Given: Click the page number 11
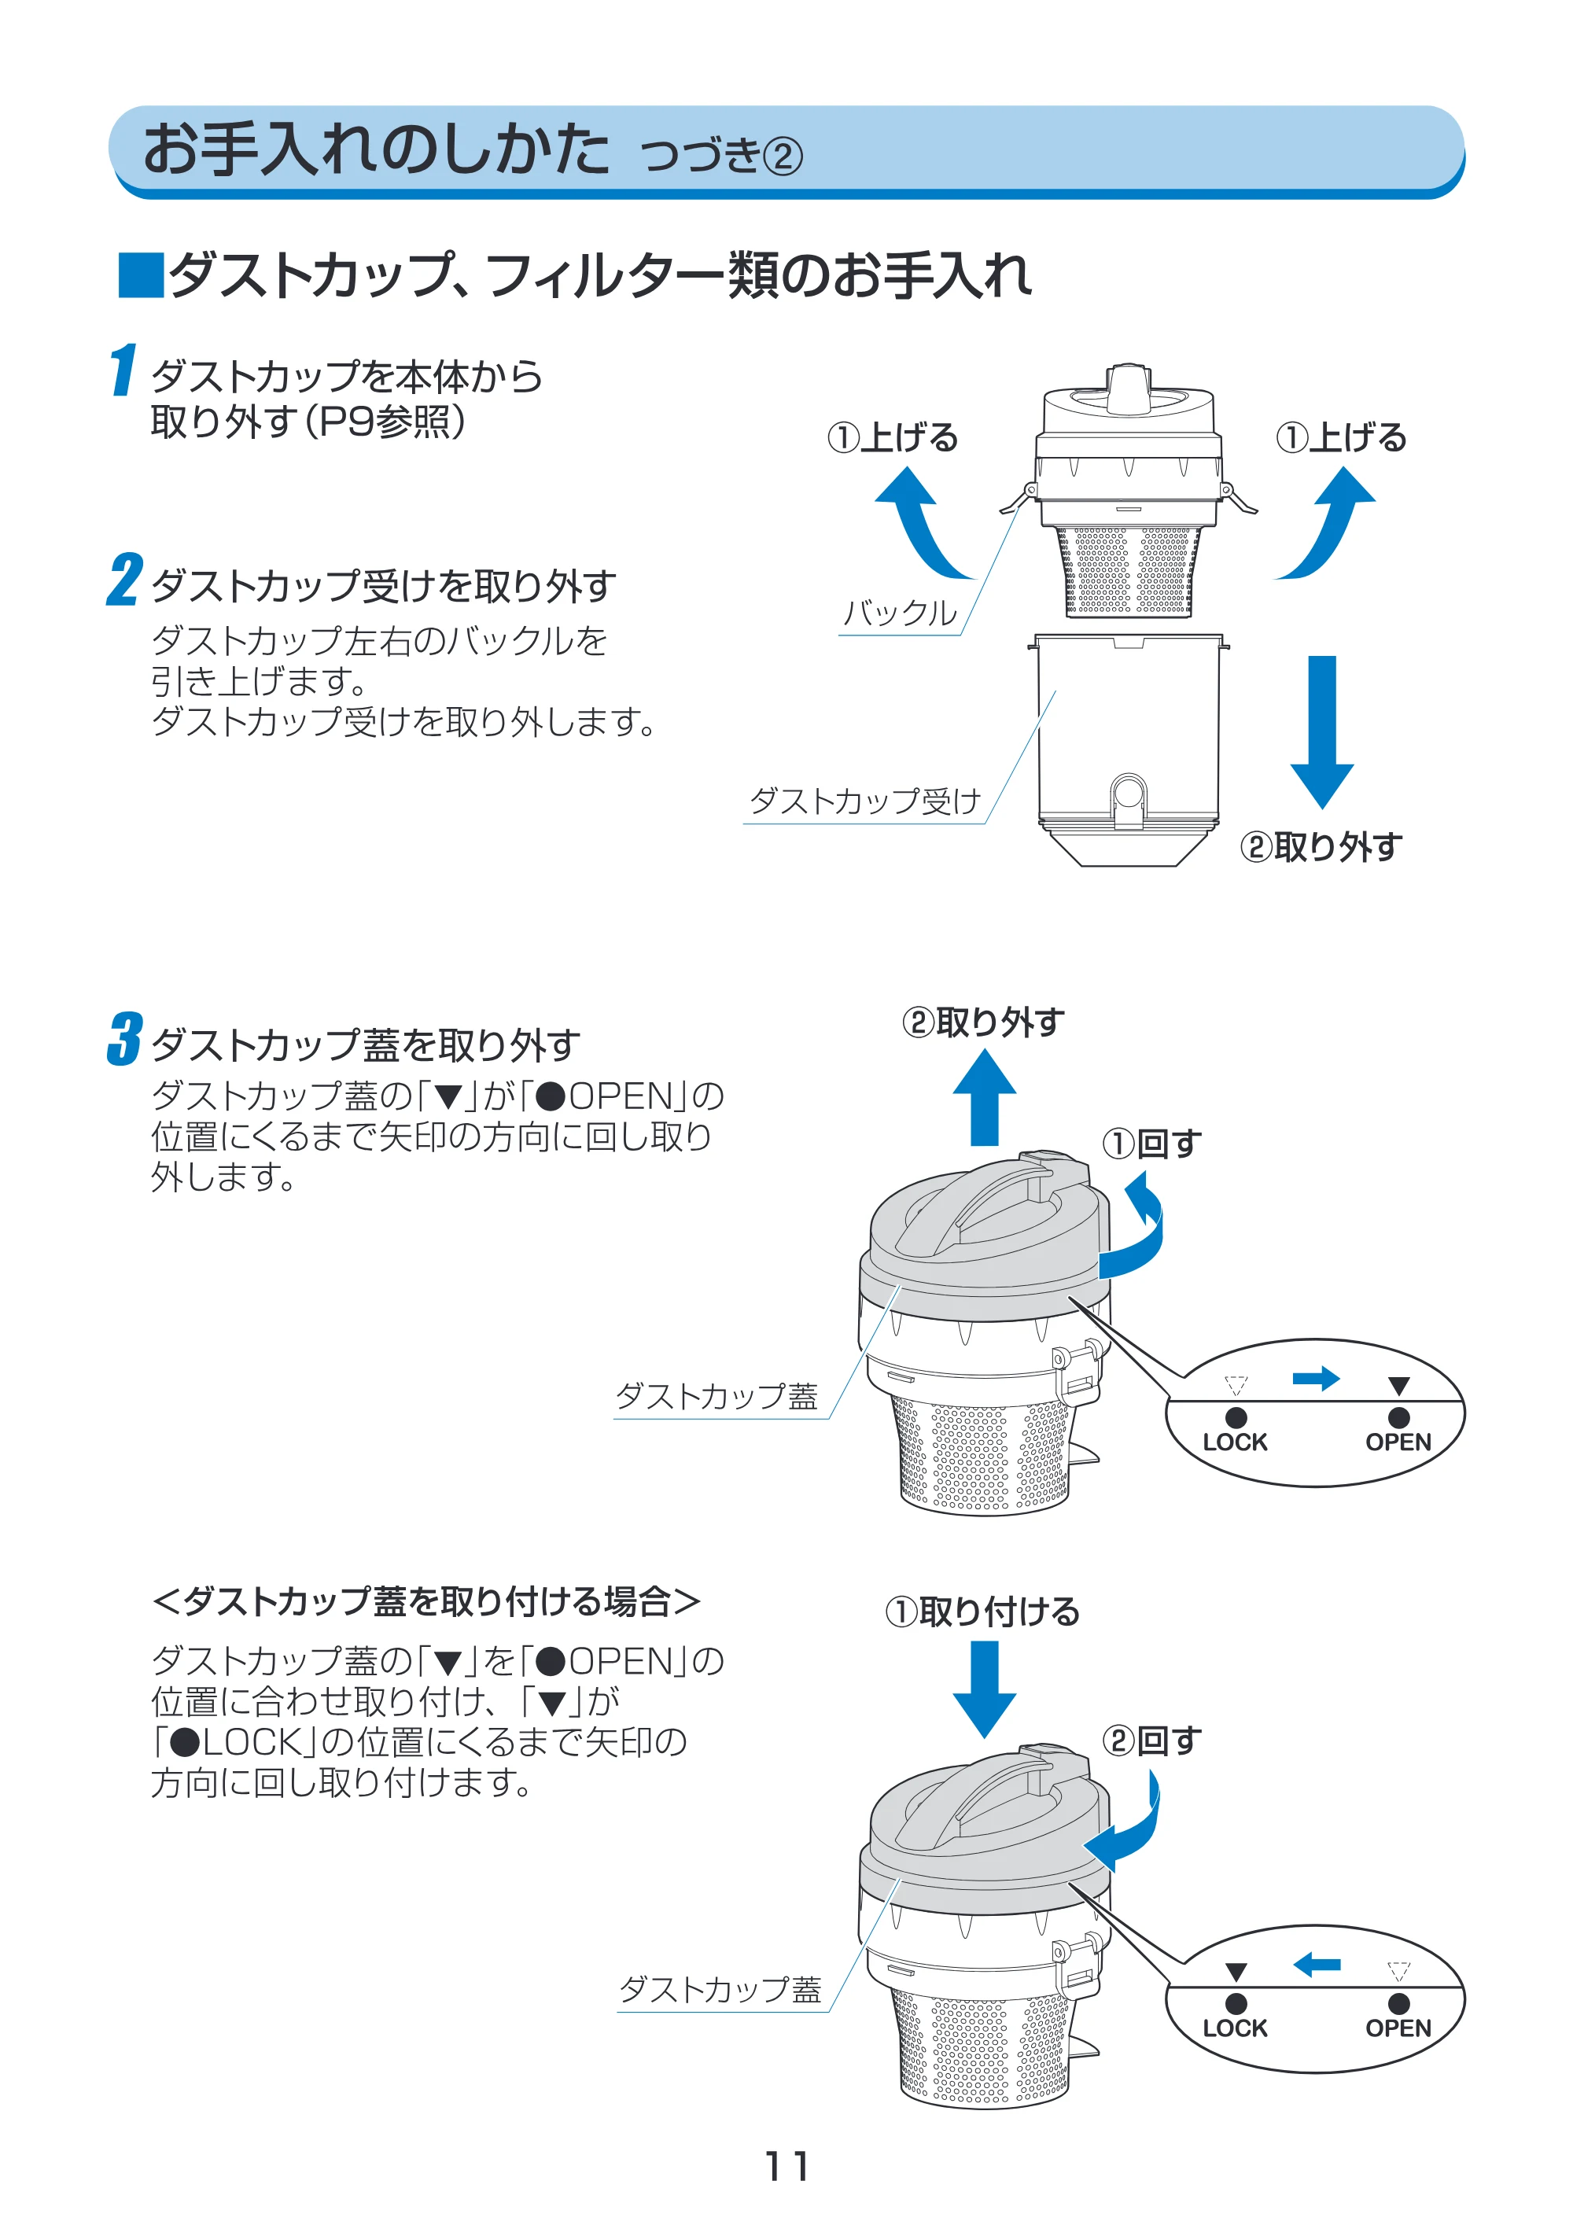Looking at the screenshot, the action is [786, 2166].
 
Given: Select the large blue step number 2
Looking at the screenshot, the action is [124, 580].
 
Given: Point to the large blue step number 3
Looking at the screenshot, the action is [124, 1039].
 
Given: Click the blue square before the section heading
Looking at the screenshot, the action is [141, 274].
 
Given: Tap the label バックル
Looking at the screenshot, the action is [900, 613].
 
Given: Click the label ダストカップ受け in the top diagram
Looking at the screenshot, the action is [864, 801].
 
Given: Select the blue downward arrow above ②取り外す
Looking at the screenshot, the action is [1321, 731].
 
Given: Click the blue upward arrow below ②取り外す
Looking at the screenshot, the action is [985, 1098].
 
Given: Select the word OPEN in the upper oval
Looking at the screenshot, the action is [1398, 1442].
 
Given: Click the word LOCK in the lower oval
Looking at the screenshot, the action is [1235, 2028].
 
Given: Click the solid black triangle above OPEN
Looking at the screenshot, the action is [1398, 1386].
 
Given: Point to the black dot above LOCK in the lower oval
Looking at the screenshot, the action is [1236, 2003].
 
